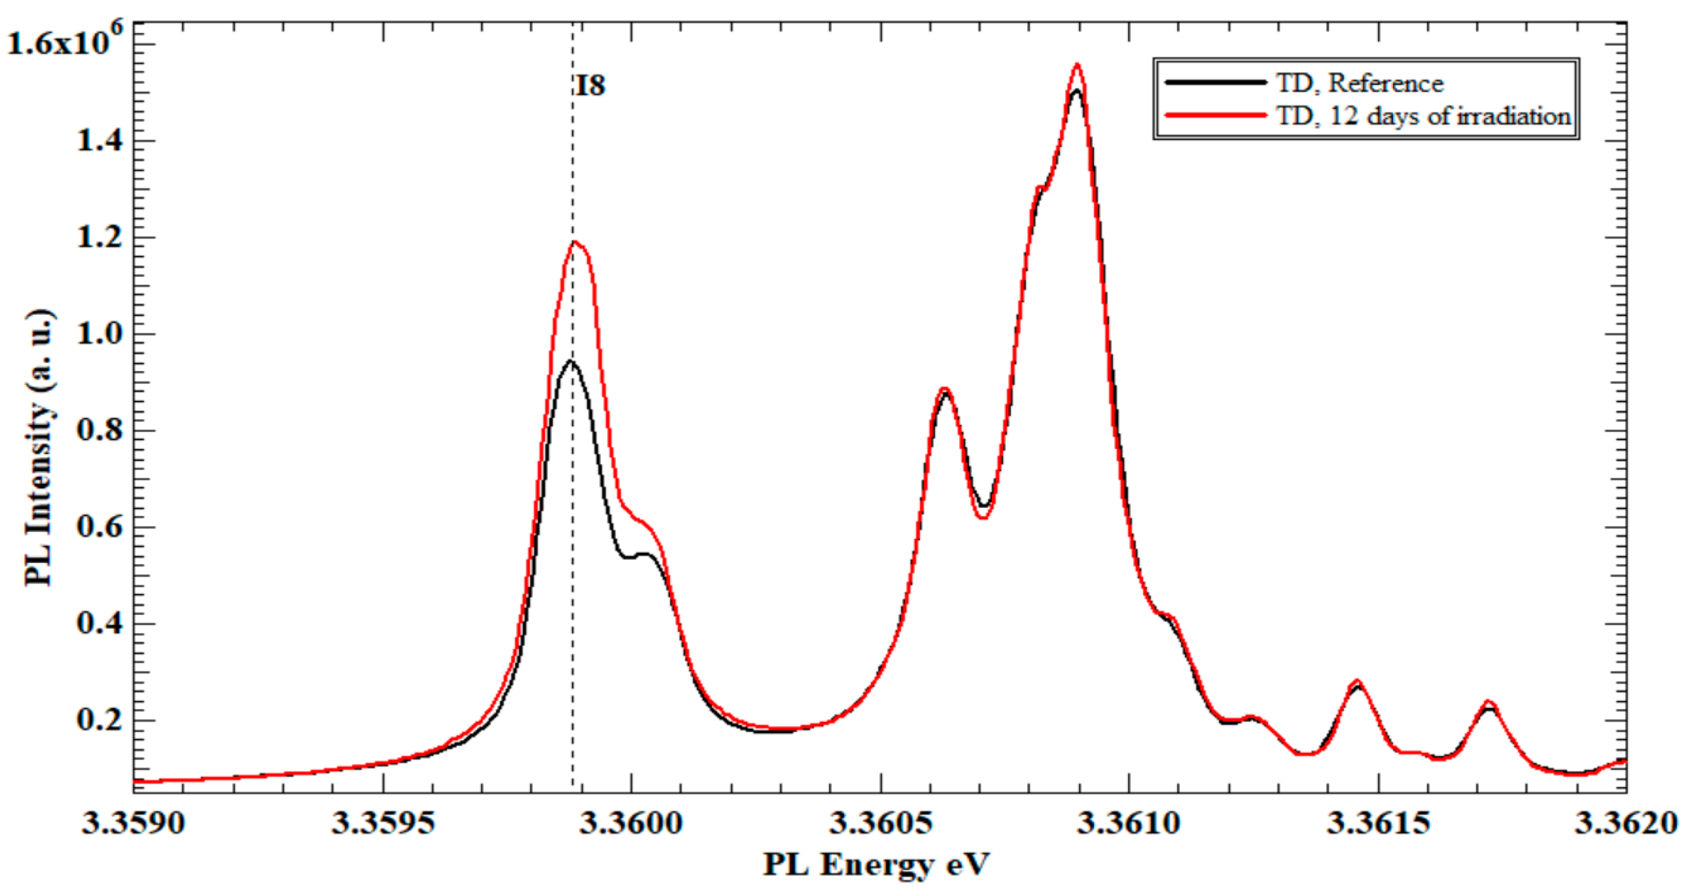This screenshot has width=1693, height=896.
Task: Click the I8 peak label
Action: (590, 87)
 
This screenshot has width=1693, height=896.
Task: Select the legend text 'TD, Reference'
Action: (1359, 83)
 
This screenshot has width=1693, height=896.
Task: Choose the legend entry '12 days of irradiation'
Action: (1423, 116)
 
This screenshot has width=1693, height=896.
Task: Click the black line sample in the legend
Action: (1215, 82)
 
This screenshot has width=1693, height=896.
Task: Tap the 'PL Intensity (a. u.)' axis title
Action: (40, 448)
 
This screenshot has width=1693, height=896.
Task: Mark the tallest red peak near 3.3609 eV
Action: (1076, 64)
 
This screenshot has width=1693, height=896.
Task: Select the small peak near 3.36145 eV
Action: (1357, 681)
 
